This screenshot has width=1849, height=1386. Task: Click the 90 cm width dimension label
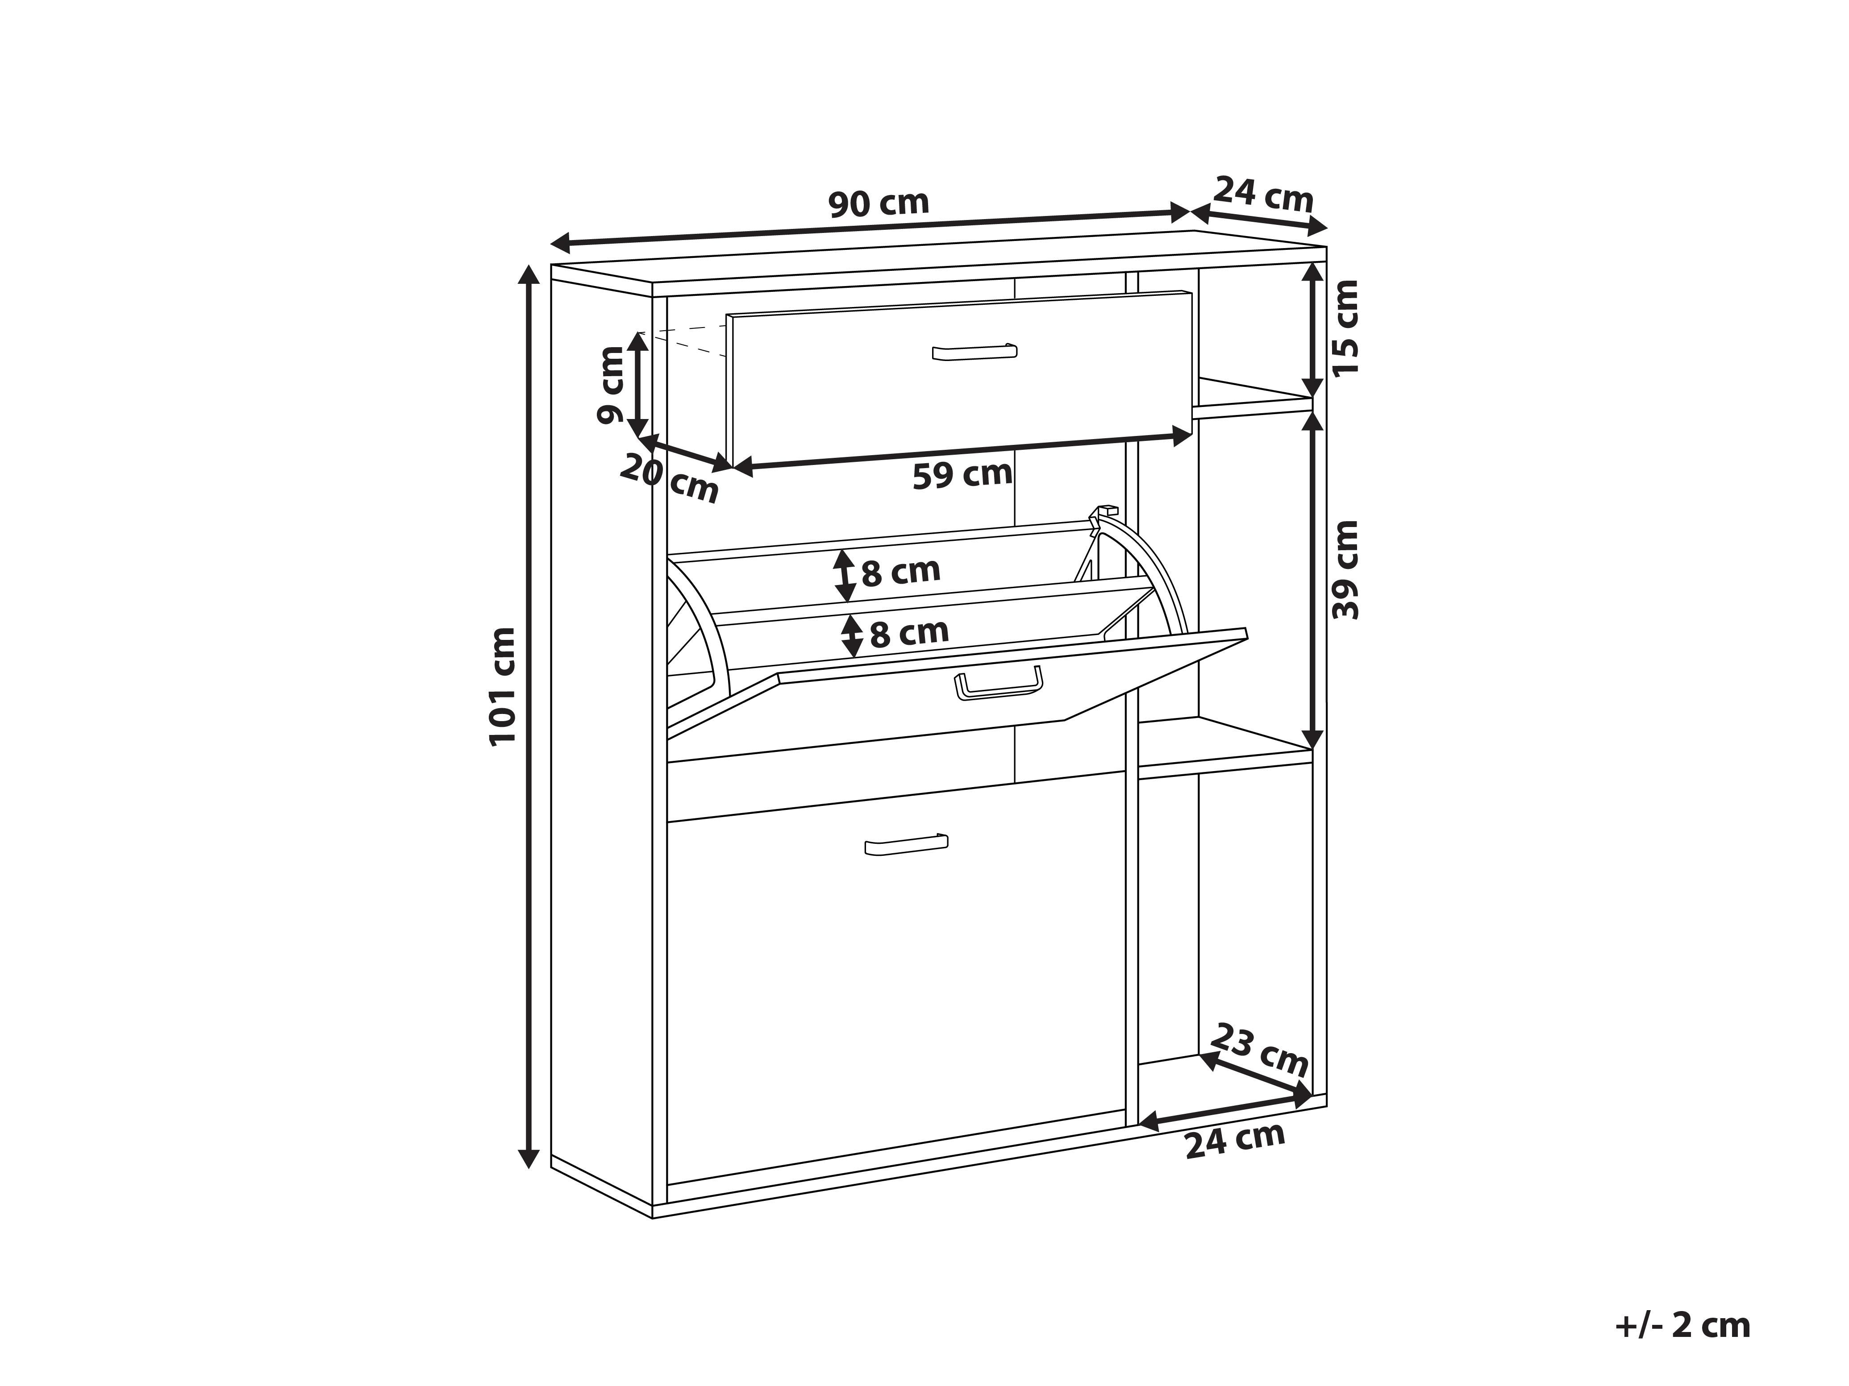(879, 203)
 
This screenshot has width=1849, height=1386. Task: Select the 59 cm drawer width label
(962, 474)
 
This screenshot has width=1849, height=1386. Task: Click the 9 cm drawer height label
(611, 385)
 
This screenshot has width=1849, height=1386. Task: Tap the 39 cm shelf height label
(1346, 570)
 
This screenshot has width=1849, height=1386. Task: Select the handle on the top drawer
(974, 352)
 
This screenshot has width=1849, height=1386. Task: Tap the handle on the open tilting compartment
(998, 683)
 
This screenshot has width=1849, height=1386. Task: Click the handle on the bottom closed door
(906, 845)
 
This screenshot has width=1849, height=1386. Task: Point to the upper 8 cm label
(901, 572)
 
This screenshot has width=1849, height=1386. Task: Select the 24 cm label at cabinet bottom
(1235, 1141)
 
